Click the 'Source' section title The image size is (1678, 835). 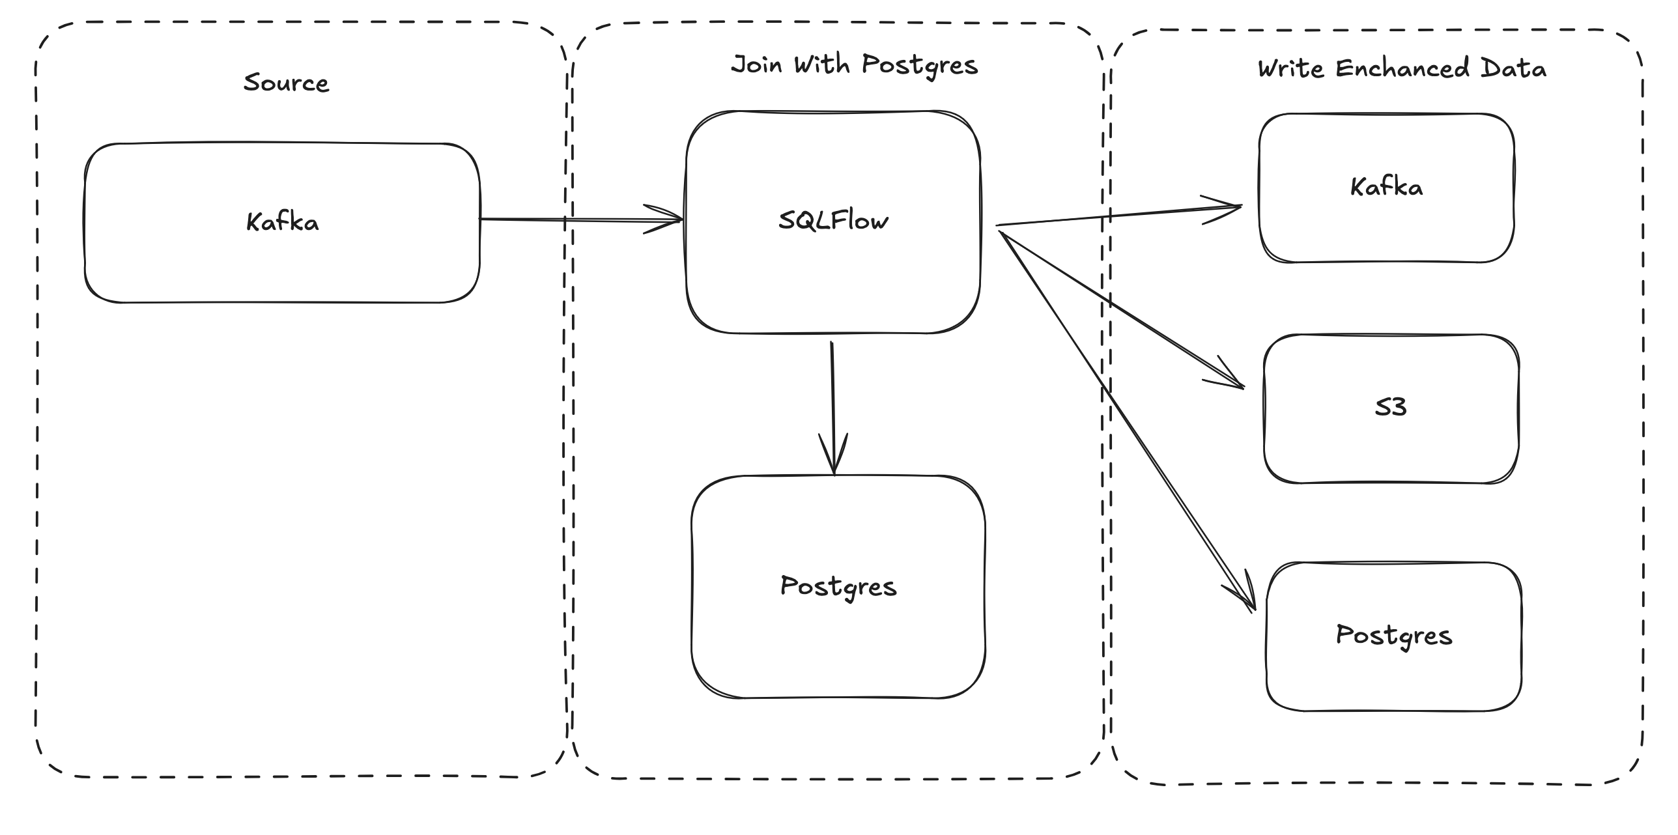(286, 83)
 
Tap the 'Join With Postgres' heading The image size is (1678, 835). (854, 65)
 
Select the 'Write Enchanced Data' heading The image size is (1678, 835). (1402, 69)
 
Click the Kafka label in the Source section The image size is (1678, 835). (282, 222)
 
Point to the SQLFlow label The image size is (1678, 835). (833, 221)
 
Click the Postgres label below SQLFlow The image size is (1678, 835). (838, 587)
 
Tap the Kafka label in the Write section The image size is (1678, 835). (1386, 188)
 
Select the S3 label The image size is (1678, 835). (1390, 408)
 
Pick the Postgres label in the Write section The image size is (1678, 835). (1394, 635)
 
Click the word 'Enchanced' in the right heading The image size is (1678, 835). (1402, 69)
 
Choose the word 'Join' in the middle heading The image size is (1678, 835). (756, 65)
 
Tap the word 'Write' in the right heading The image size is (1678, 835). (1290, 69)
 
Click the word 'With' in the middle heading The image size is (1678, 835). (821, 65)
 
